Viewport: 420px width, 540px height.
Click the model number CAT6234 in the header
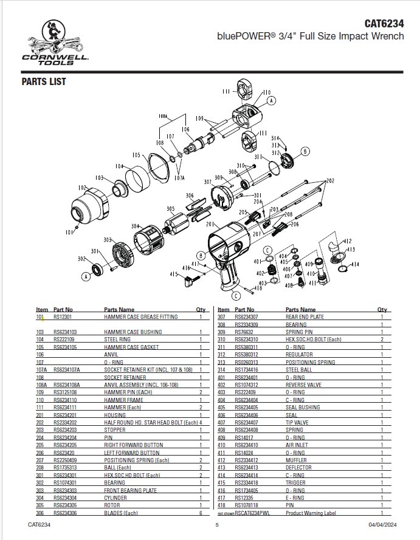[384, 24]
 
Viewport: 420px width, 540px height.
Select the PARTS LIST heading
[44, 82]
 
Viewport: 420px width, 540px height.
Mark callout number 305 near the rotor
[171, 208]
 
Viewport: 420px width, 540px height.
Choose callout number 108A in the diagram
[163, 115]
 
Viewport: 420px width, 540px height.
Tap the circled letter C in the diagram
[268, 250]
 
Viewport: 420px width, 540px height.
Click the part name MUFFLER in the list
[296, 460]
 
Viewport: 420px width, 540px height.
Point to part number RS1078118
[247, 505]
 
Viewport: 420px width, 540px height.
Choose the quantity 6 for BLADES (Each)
[200, 512]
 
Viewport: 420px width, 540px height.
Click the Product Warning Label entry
[310, 513]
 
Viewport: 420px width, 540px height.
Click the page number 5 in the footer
[217, 524]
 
